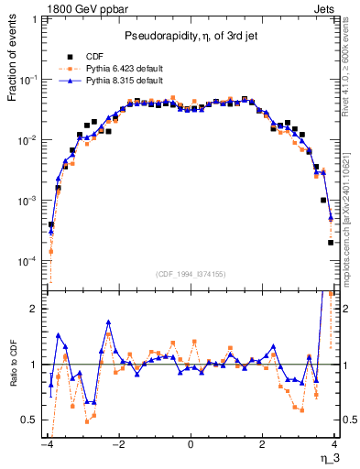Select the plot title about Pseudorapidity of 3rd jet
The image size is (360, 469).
191,36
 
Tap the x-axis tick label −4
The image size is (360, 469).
47,444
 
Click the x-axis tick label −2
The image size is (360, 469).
118,444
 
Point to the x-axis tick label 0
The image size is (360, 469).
191,444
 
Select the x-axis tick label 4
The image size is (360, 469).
334,444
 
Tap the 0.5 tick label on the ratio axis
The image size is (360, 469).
32,420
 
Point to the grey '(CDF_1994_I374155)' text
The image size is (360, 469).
191,273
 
